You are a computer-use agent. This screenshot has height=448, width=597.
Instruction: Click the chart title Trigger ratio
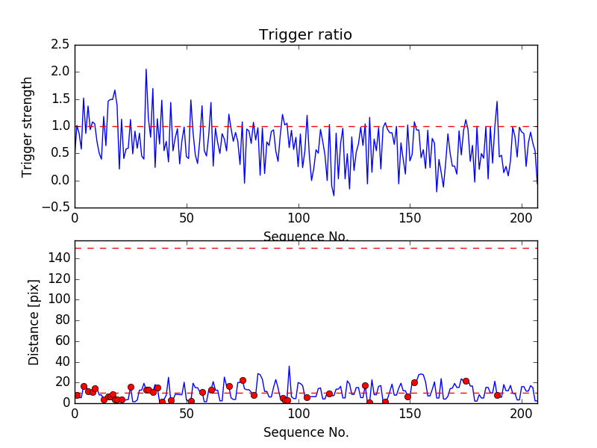pyautogui.click(x=305, y=35)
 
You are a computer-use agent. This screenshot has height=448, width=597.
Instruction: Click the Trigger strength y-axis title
pyautogui.click(x=28, y=126)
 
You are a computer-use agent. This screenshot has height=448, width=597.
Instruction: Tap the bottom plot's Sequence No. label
pyautogui.click(x=305, y=432)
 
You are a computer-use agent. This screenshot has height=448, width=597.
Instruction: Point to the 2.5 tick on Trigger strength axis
pyautogui.click(x=61, y=45)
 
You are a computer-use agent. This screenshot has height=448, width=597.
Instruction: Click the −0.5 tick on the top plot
pyautogui.click(x=58, y=208)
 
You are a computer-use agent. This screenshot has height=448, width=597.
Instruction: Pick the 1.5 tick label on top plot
pyautogui.click(x=61, y=99)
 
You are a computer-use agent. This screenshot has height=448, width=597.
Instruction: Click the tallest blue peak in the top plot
pyautogui.click(x=146, y=69)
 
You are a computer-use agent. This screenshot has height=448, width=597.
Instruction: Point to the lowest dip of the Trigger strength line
pyautogui.click(x=334, y=196)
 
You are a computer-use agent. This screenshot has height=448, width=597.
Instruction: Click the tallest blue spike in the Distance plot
pyautogui.click(x=289, y=367)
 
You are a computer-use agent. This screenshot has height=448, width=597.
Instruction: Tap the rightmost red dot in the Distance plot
pyautogui.click(x=497, y=395)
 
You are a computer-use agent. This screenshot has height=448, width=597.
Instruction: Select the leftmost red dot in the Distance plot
pyautogui.click(x=77, y=395)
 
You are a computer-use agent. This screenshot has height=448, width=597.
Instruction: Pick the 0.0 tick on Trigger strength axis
pyautogui.click(x=61, y=181)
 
